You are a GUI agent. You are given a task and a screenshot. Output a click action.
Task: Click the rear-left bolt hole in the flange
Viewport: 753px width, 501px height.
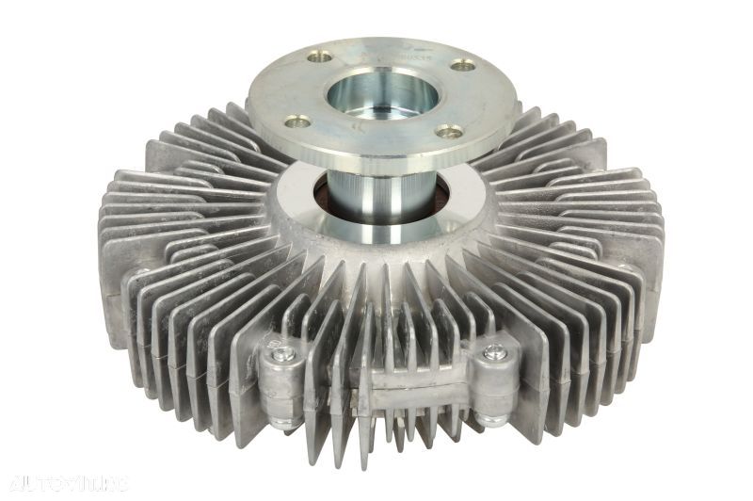[320, 57]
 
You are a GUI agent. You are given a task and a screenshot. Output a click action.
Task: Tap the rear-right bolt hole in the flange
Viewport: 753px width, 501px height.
[461, 65]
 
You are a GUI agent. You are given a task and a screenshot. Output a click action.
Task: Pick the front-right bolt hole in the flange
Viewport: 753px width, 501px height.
[451, 132]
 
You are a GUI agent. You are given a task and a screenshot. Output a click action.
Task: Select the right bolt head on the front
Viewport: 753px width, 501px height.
[493, 353]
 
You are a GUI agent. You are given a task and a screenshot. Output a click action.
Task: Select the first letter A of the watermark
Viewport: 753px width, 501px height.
[10, 485]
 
